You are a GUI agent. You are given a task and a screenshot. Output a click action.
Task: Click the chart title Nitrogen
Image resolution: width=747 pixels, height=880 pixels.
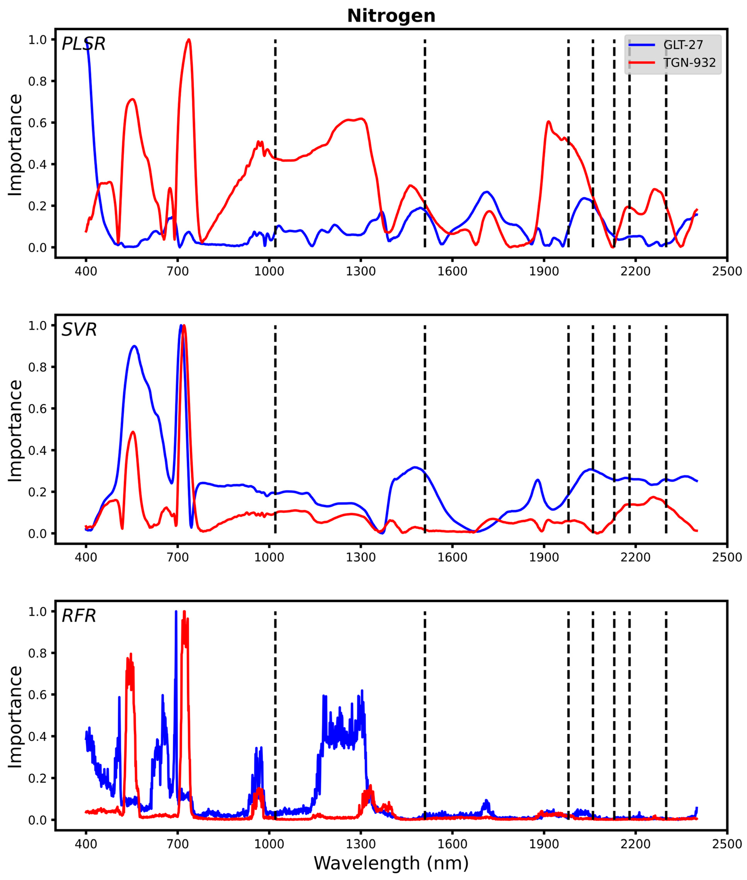(391, 16)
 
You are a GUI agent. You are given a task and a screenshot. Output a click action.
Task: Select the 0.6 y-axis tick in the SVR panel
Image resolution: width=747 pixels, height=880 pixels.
(37, 409)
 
